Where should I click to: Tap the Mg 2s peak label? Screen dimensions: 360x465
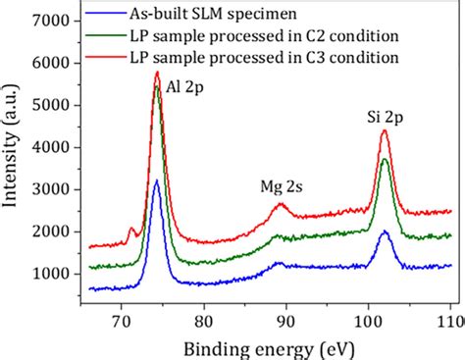click(281, 183)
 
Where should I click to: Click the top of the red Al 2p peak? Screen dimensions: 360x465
click(156, 72)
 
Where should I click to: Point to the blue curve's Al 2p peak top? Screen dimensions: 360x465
click(156, 180)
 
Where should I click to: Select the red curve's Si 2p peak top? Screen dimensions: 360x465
click(385, 129)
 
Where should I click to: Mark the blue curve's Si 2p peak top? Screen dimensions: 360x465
click(385, 231)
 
